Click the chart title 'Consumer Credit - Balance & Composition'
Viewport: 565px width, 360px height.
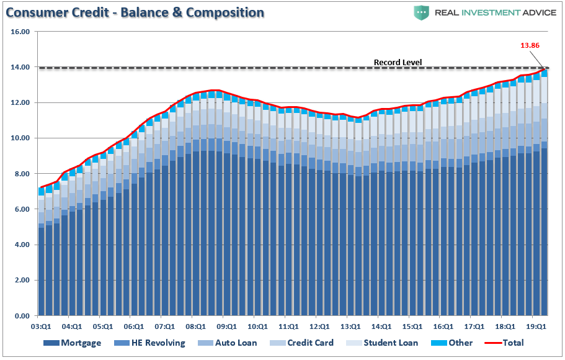(x=136, y=12)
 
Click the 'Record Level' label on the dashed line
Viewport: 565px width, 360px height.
(x=398, y=62)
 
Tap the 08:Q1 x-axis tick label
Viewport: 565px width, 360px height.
(x=196, y=326)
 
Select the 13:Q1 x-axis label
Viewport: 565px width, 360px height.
(x=350, y=326)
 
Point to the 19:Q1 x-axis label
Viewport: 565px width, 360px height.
(x=536, y=326)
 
